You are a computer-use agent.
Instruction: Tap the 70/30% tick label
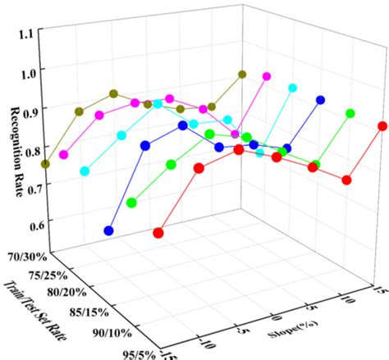[x=26, y=257]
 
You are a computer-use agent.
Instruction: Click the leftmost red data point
[x=158, y=233]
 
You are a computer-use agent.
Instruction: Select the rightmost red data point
[x=382, y=126]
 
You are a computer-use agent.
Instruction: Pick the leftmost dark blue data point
[x=109, y=231]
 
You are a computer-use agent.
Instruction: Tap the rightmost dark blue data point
[x=321, y=100]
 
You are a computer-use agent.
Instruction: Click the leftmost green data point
[x=132, y=203]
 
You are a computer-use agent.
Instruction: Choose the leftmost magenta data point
[x=64, y=154]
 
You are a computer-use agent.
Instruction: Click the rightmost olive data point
[x=242, y=75]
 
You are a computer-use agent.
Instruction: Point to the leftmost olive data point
[x=45, y=164]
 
